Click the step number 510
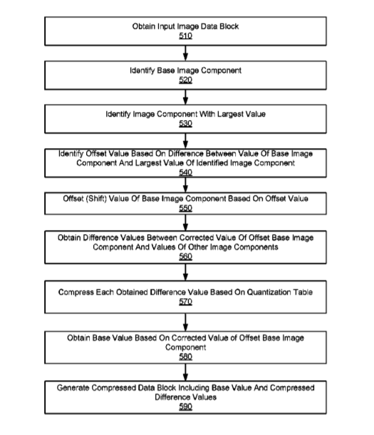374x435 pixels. point(185,36)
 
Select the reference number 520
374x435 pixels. point(185,80)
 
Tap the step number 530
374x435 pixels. point(185,123)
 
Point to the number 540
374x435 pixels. point(185,172)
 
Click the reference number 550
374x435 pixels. point(185,208)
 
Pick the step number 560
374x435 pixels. point(185,256)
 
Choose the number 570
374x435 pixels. point(185,302)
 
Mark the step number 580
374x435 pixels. point(185,357)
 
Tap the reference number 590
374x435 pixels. point(185,407)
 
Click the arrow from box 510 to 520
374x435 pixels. point(185,53)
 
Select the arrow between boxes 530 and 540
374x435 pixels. point(185,141)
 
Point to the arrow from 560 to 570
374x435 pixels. point(185,272)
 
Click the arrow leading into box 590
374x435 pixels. point(185,372)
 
